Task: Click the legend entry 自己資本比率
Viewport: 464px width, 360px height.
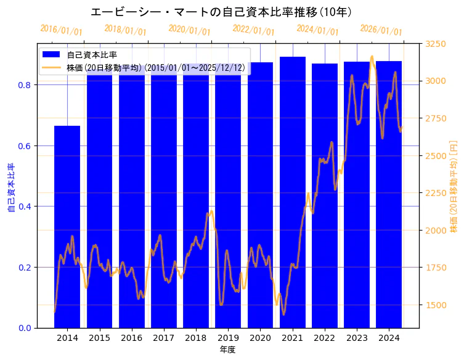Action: (x=92, y=55)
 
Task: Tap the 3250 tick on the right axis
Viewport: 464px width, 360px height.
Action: (x=436, y=44)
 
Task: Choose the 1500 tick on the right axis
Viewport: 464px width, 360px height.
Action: (x=436, y=305)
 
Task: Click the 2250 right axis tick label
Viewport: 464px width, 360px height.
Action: (x=436, y=193)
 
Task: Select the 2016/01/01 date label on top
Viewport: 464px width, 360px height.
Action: (x=61, y=30)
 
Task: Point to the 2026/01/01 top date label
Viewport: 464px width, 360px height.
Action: (x=381, y=30)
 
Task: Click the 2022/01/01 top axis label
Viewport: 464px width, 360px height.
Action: (x=253, y=30)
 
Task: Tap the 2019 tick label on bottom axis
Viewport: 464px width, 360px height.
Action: (x=228, y=338)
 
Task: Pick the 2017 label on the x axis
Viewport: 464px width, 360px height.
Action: (x=163, y=338)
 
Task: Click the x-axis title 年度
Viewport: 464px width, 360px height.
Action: (x=227, y=350)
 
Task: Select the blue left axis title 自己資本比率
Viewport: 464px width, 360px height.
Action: (x=10, y=187)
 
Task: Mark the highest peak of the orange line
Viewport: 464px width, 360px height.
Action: (x=372, y=57)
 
